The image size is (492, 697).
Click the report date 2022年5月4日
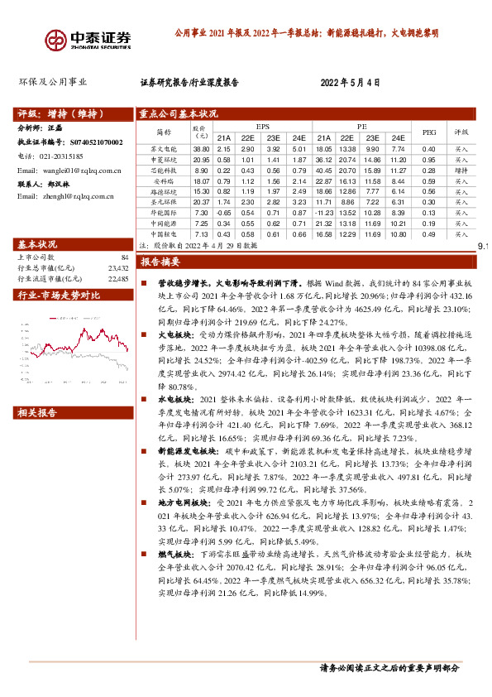pyautogui.click(x=350, y=82)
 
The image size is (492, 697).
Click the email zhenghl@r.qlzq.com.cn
pyautogui.click(x=70, y=196)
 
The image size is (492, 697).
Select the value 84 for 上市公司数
pyautogui.click(x=125, y=257)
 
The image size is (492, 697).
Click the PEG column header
pyautogui.click(x=428, y=132)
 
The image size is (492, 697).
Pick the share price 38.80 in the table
pyautogui.click(x=201, y=148)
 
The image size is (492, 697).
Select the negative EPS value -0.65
pyautogui.click(x=223, y=212)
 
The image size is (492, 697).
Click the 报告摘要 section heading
pyautogui.click(x=160, y=262)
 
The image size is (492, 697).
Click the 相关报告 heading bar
pyautogui.click(x=40, y=412)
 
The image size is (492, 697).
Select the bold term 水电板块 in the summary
pyautogui.click(x=174, y=399)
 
